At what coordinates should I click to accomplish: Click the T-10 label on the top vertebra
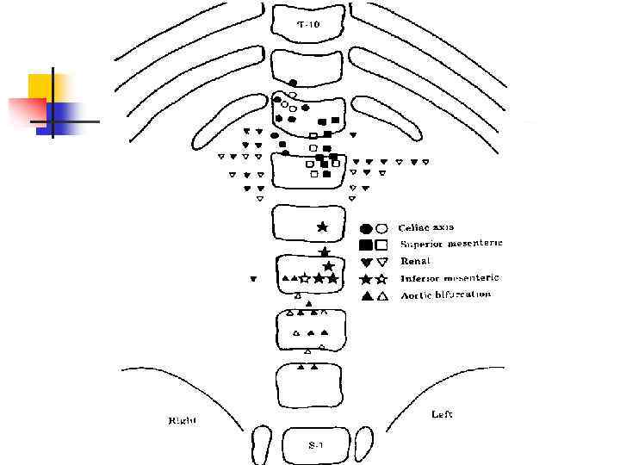308,25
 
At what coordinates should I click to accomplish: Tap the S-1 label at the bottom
316,445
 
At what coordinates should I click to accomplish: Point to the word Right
182,420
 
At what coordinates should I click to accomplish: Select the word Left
442,414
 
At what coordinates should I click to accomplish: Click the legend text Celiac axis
425,227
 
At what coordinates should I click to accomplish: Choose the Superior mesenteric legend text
450,244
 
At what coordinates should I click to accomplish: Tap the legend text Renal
414,261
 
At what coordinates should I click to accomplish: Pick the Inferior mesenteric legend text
449,278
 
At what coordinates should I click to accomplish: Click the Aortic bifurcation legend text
444,294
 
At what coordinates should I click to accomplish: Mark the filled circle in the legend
366,228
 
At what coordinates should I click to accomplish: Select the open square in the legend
381,245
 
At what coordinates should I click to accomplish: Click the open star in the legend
381,279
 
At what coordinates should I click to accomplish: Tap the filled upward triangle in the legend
366,296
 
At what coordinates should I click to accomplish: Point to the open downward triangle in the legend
381,262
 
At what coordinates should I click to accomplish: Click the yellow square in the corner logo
43,88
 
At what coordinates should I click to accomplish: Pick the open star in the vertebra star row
306,278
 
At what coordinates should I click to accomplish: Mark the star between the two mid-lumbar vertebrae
325,251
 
